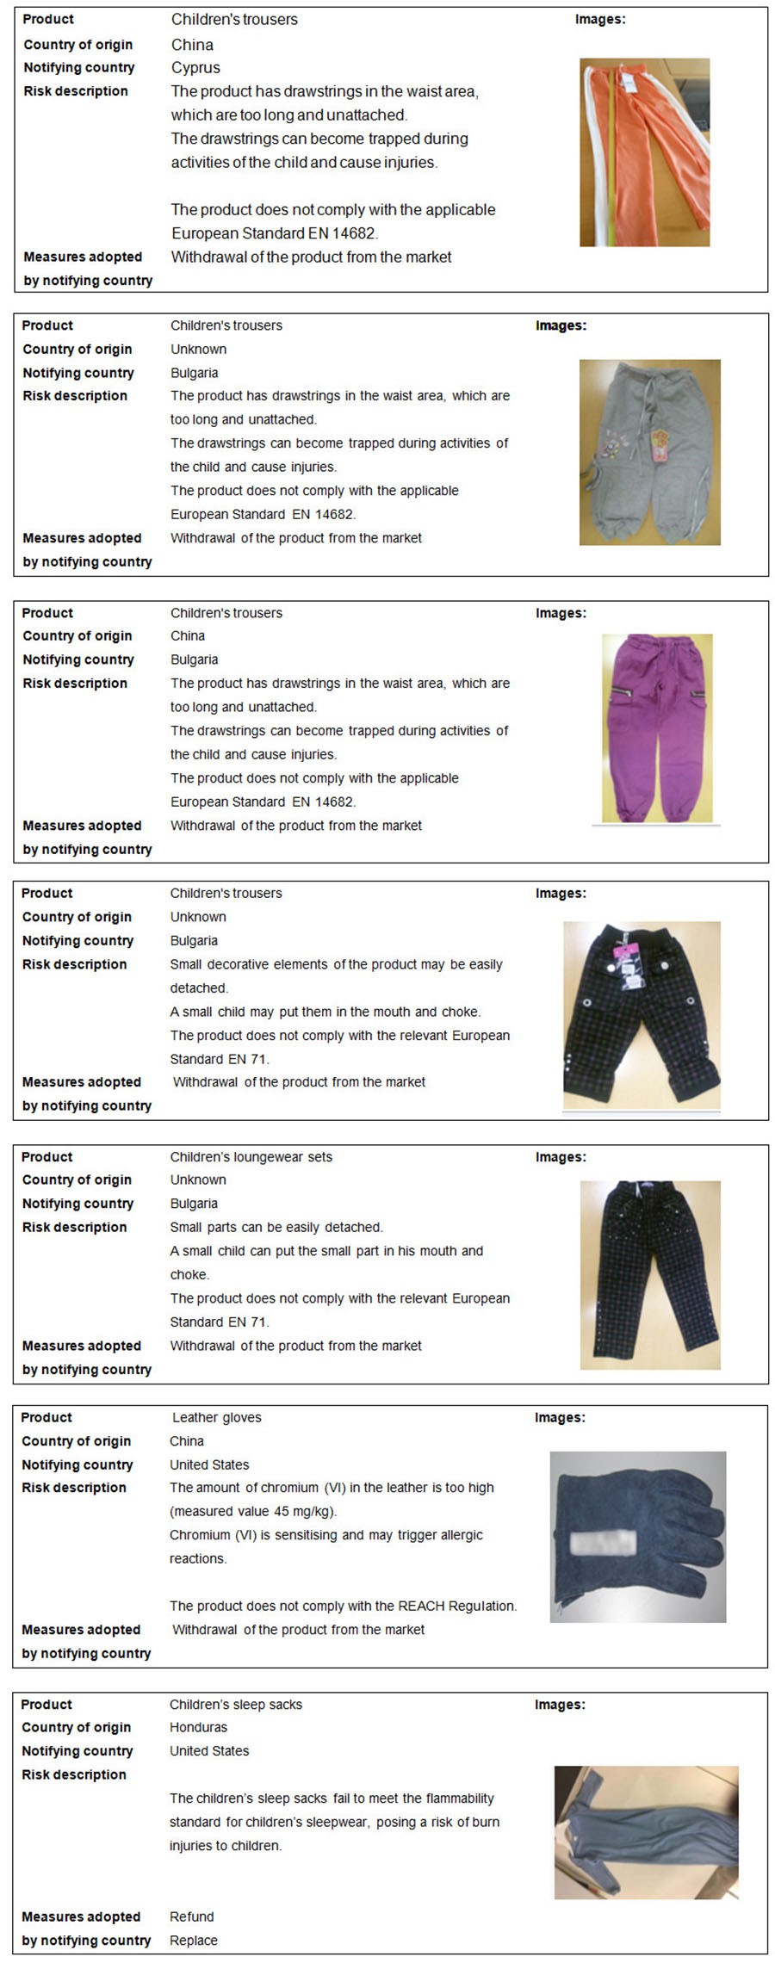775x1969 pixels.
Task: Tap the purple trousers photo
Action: point(657,728)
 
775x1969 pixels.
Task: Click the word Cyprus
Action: point(195,67)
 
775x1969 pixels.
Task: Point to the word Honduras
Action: point(198,1727)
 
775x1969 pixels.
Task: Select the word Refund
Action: point(191,1916)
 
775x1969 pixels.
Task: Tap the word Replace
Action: point(193,1940)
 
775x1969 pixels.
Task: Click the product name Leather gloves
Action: point(216,1417)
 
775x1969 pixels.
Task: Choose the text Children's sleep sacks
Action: point(235,1704)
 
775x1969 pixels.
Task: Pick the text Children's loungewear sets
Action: point(251,1156)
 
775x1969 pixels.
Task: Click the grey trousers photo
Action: point(649,452)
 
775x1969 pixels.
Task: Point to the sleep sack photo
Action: point(646,1832)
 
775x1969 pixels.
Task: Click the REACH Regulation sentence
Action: point(343,1606)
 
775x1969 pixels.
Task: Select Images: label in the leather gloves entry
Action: point(560,1417)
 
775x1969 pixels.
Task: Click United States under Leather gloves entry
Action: point(209,1464)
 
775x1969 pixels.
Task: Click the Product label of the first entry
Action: point(48,19)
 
